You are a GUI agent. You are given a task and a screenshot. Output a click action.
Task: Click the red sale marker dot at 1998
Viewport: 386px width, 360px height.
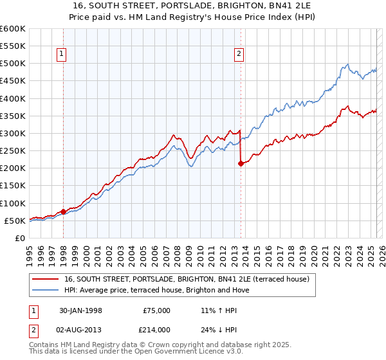click(x=63, y=212)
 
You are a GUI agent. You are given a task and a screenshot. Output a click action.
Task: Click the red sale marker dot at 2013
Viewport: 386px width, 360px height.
click(x=240, y=163)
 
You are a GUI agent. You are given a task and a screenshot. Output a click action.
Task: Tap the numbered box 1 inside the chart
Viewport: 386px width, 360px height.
click(x=63, y=55)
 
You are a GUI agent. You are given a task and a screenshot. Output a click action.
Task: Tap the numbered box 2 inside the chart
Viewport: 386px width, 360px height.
click(x=239, y=55)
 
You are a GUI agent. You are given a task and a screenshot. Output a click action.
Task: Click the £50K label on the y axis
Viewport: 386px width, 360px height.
click(x=15, y=221)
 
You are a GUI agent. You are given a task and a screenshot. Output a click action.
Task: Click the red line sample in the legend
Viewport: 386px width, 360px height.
click(x=46, y=279)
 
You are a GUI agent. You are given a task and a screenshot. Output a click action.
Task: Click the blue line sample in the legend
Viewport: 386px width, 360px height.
click(x=46, y=290)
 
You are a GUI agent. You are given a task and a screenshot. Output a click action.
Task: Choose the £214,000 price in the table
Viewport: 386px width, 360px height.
click(x=156, y=328)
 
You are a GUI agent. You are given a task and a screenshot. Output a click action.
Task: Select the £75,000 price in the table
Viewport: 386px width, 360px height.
click(x=156, y=310)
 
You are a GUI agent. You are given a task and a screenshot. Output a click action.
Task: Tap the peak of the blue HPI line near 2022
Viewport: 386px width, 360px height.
click(x=347, y=64)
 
